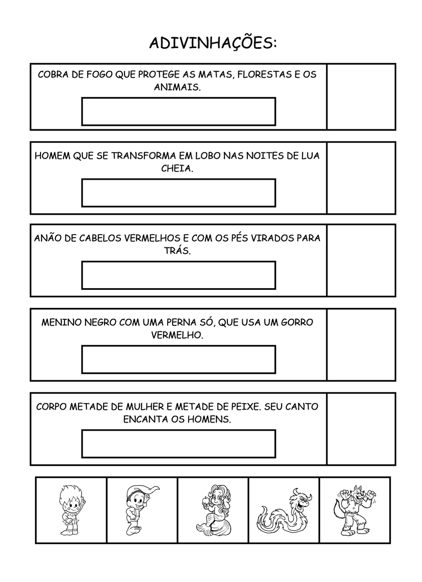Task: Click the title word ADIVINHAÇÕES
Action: tap(213, 43)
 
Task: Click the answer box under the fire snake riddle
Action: tap(178, 111)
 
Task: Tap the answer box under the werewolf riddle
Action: tap(178, 193)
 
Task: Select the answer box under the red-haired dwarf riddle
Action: tap(178, 275)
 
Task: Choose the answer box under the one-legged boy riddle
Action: tap(178, 359)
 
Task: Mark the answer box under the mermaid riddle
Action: tap(178, 444)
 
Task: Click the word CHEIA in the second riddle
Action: tap(177, 168)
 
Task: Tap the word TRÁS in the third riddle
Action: tap(177, 251)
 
